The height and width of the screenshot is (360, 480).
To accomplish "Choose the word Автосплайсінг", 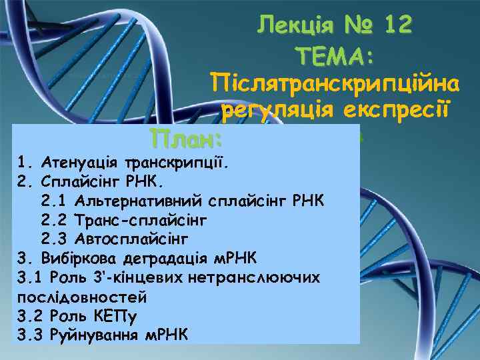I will click(133, 238).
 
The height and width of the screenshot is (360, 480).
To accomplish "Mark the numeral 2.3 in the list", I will click(53, 238).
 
